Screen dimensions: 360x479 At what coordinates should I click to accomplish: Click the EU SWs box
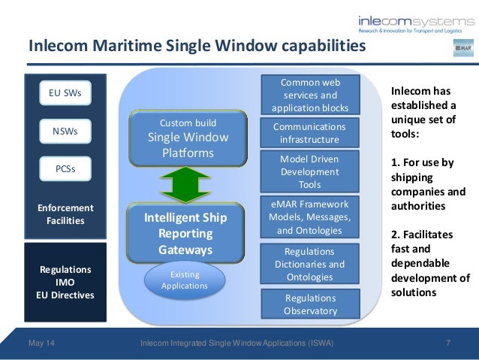[65, 94]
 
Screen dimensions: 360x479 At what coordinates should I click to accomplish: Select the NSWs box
[65, 132]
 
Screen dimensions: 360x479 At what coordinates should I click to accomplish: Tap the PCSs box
[65, 169]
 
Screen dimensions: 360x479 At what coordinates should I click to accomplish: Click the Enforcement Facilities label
[65, 214]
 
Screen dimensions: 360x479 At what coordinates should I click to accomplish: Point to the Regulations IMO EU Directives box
[65, 282]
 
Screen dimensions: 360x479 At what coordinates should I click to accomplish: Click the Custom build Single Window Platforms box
[188, 139]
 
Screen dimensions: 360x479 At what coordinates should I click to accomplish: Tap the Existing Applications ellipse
[185, 280]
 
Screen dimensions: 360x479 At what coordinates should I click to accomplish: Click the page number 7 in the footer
[447, 344]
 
